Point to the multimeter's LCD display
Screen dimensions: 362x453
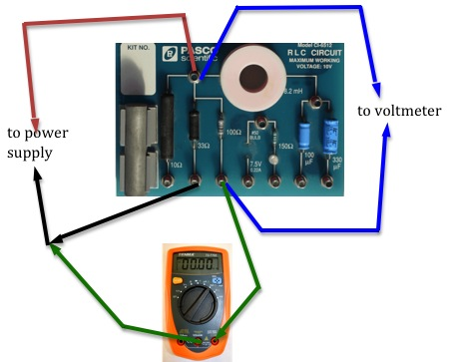click(x=203, y=268)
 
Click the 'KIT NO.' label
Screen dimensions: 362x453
click(x=141, y=49)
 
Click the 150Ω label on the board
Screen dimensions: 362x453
click(x=285, y=146)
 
